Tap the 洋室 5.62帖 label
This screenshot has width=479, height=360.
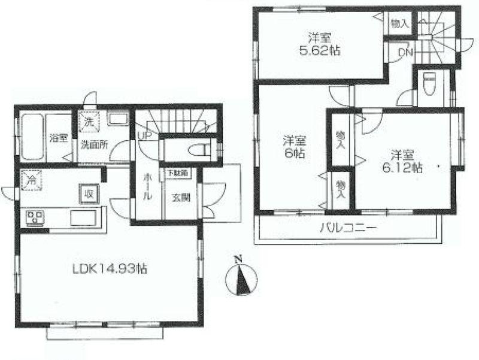(320, 45)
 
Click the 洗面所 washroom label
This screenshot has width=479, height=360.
(94, 144)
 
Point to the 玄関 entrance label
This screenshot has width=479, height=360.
(181, 195)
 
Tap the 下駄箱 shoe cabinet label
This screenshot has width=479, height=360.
(177, 173)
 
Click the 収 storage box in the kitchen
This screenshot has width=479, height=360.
(88, 193)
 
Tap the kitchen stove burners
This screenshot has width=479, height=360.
(34, 217)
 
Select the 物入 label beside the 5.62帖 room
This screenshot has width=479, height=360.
(399, 24)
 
